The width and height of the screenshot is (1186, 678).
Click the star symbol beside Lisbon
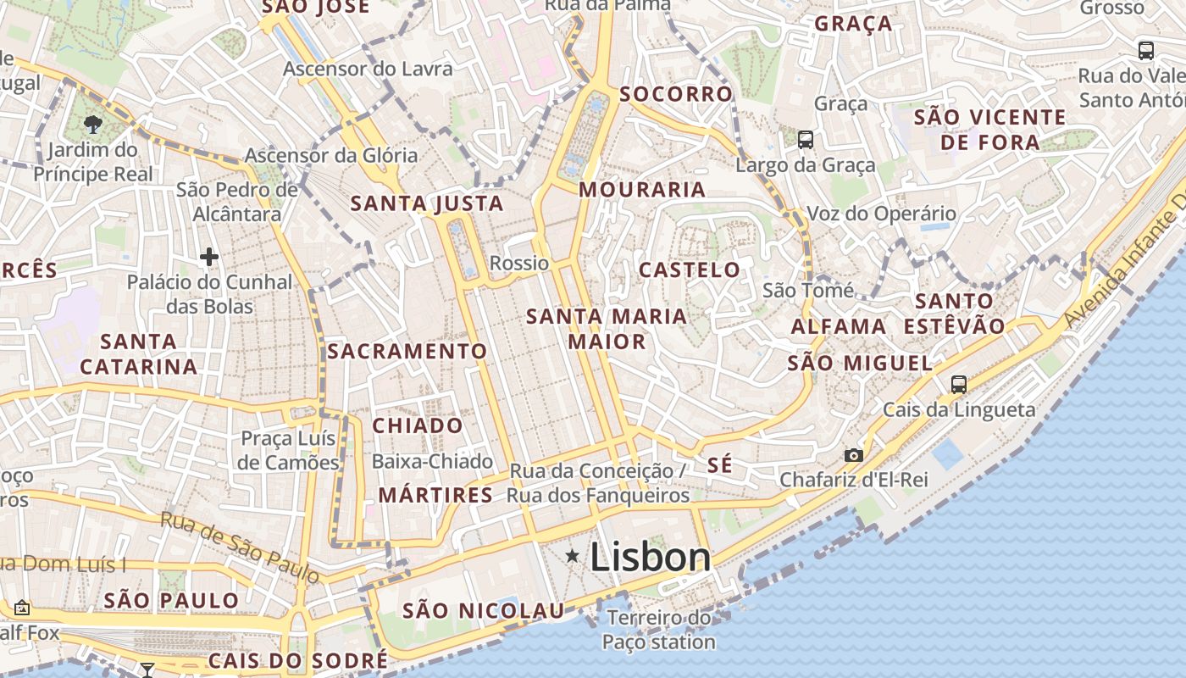(574, 556)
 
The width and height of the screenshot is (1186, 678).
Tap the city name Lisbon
(650, 557)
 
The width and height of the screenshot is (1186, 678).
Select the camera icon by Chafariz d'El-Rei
(854, 455)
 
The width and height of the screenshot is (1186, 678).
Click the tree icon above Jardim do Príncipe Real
(92, 125)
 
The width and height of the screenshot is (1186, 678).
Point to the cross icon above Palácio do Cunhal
(209, 256)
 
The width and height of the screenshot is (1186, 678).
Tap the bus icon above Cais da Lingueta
(958, 385)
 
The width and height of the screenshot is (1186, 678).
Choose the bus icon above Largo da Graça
(805, 139)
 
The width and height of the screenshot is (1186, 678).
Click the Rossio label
(519, 263)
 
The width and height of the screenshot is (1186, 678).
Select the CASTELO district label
(690, 270)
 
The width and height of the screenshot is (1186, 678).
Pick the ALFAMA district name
(839, 326)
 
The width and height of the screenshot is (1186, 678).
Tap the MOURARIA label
(642, 190)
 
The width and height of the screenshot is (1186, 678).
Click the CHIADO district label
(418, 425)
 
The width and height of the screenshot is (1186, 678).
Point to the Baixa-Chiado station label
(432, 462)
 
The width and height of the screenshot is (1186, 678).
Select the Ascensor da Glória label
(331, 155)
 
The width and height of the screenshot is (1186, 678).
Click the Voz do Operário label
(881, 214)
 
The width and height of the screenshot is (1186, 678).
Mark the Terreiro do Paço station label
(658, 630)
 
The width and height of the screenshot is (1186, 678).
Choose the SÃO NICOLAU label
(483, 611)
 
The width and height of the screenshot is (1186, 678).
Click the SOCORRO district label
(675, 94)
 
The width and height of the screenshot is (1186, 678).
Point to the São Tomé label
(808, 291)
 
